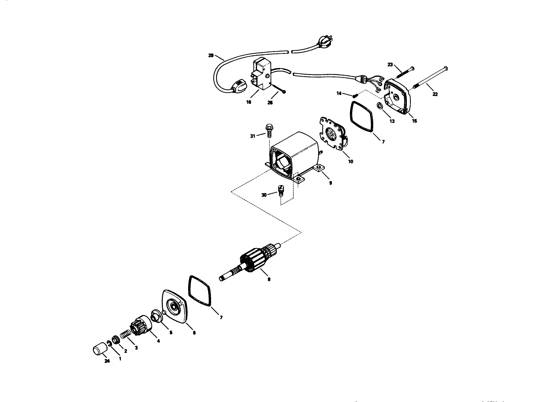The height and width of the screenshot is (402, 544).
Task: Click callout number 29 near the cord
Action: (x=211, y=56)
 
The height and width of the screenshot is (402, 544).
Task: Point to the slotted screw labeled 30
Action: (x=280, y=192)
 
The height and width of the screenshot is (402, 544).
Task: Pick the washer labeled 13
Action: (x=379, y=106)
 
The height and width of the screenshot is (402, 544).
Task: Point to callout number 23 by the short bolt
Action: (x=390, y=65)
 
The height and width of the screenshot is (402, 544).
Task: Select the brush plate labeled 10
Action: (x=331, y=135)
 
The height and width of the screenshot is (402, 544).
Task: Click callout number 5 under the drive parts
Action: (x=171, y=332)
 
